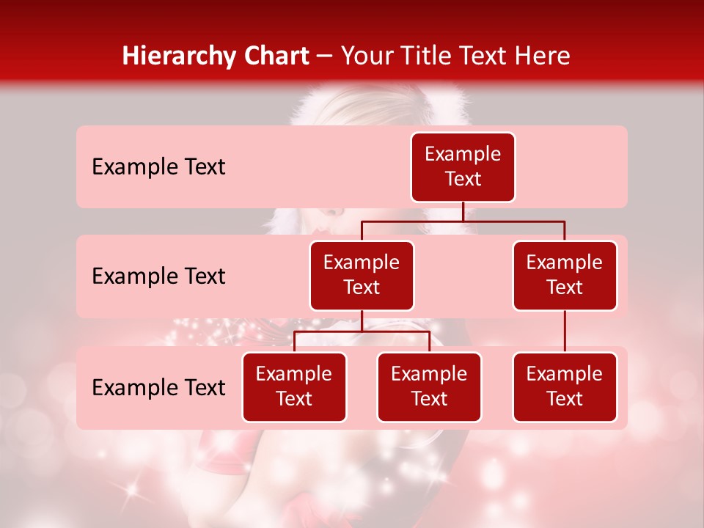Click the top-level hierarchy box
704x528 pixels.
[x=463, y=167]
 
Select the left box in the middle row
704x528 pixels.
[x=362, y=276]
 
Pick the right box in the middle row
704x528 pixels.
[x=565, y=276]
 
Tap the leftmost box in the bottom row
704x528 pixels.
[x=294, y=387]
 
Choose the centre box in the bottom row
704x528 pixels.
[x=429, y=387]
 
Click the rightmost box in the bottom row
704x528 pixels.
[x=565, y=387]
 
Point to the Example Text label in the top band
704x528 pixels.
[x=158, y=167]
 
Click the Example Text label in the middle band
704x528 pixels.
[x=158, y=276]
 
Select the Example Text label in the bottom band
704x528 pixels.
[x=158, y=388]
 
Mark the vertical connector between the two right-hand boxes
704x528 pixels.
[x=565, y=331]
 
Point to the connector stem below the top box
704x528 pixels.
[x=463, y=211]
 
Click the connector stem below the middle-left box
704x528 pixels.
[x=362, y=320]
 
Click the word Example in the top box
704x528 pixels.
[x=463, y=154]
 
